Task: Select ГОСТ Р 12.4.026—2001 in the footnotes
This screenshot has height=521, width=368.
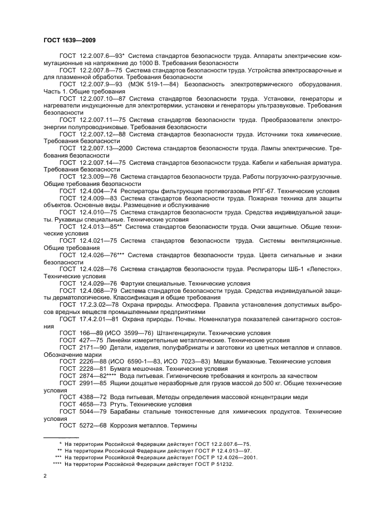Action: click(x=223, y=457)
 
